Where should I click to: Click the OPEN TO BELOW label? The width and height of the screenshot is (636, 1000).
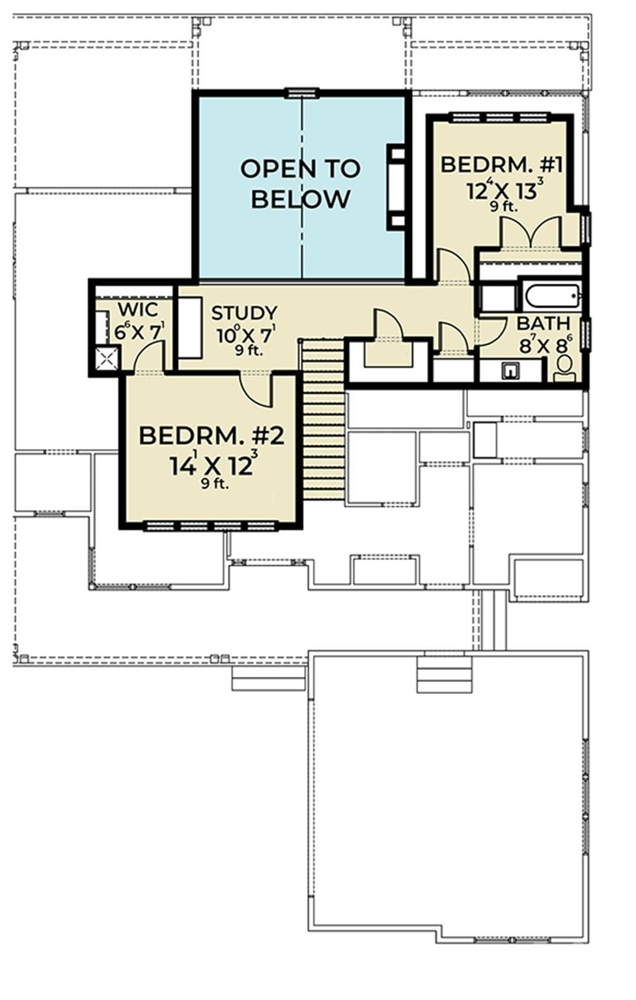(300, 184)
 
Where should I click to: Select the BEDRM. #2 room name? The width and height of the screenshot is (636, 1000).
(212, 436)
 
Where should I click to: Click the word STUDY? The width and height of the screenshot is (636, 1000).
(244, 313)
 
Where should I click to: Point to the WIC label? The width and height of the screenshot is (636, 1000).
(137, 309)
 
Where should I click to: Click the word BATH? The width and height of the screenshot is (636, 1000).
(543, 324)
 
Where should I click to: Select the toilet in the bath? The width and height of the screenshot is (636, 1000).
(564, 367)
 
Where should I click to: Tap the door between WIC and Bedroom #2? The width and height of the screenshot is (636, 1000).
(148, 356)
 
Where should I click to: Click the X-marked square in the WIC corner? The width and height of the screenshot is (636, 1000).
(107, 358)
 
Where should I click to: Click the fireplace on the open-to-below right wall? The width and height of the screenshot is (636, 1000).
(396, 187)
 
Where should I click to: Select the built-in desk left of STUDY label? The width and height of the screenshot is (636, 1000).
(189, 328)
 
